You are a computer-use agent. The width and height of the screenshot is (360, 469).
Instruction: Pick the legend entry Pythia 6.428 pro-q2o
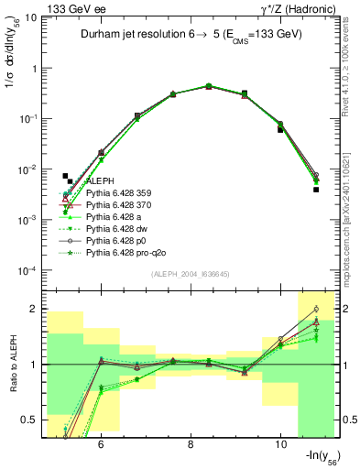[x=125, y=254]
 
